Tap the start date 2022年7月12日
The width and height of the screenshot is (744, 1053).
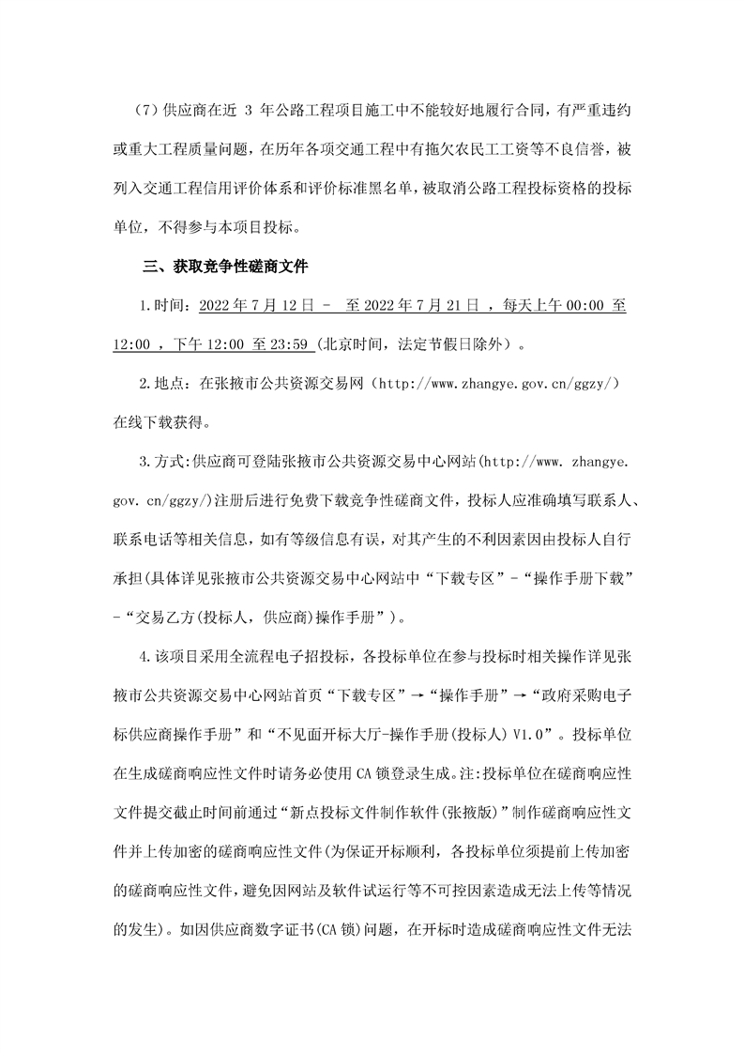[x=242, y=306]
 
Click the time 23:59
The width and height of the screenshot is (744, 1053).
[x=289, y=344]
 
